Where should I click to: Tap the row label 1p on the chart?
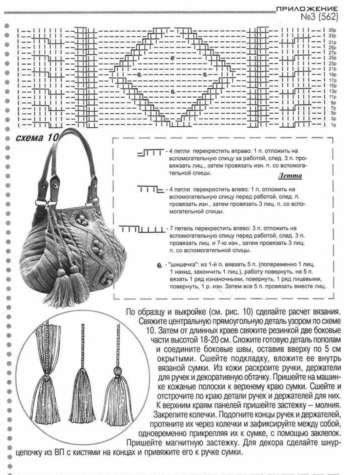click(333, 125)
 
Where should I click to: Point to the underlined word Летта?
click(290, 176)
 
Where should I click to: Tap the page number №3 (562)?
click(319, 17)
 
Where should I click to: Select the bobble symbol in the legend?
click(159, 265)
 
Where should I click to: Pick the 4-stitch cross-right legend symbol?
click(150, 152)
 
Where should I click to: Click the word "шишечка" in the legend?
click(181, 265)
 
